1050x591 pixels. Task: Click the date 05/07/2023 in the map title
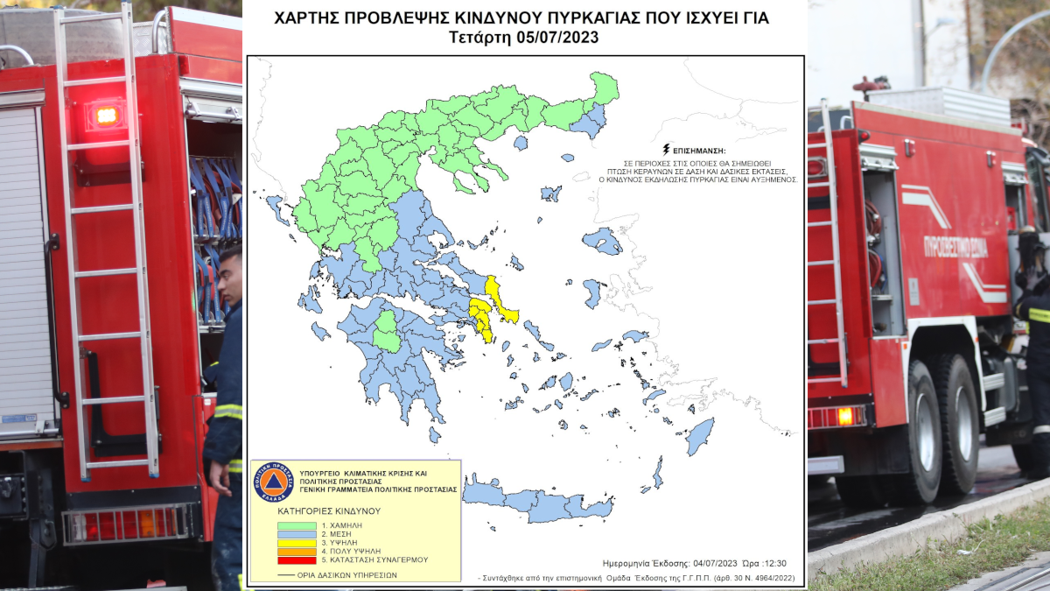pyautogui.click(x=560, y=38)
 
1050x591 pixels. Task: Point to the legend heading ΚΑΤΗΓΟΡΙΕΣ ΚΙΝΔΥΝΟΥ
pyautogui.click(x=329, y=510)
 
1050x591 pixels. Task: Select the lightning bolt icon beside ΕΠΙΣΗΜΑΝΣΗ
pyautogui.click(x=667, y=150)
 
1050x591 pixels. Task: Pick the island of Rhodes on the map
pyautogui.click(x=699, y=436)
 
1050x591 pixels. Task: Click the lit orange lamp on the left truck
pyautogui.click(x=106, y=115)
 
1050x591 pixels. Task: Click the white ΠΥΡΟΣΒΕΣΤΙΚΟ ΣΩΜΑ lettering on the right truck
pyautogui.click(x=955, y=246)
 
